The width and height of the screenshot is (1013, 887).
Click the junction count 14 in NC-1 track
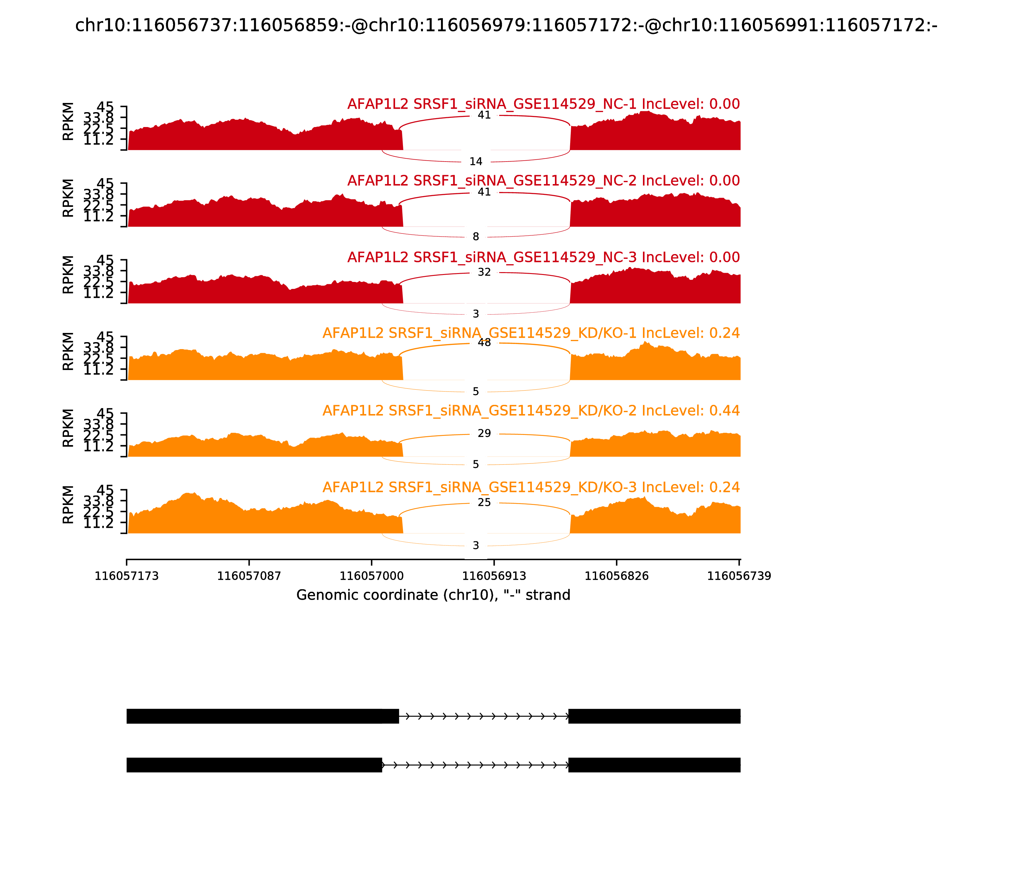click(x=475, y=162)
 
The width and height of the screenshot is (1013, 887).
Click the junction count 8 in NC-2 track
click(x=475, y=237)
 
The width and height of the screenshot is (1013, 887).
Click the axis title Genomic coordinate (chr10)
click(x=433, y=595)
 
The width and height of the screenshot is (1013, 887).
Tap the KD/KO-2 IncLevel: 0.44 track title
click(x=531, y=411)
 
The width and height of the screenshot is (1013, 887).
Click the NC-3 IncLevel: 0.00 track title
click(x=543, y=257)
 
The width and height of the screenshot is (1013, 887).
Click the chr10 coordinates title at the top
click(x=506, y=26)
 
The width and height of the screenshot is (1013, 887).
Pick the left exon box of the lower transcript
click(x=254, y=765)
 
